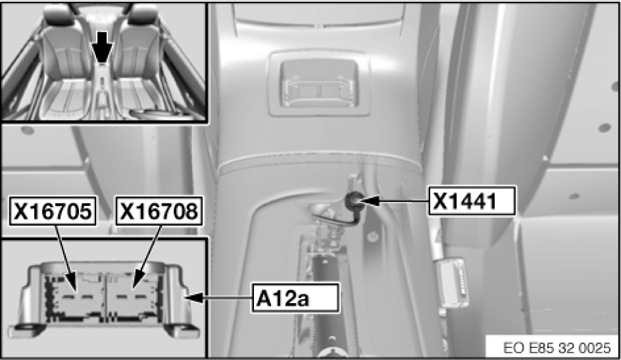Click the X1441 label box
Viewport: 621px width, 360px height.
coord(472,201)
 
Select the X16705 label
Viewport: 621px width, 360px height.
coord(52,211)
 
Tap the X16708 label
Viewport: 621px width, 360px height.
coord(159,211)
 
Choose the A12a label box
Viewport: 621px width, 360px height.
coord(296,297)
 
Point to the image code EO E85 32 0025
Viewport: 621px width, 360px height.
coord(557,348)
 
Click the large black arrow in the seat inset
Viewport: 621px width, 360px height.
coord(102,47)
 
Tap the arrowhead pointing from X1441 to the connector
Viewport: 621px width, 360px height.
coord(364,201)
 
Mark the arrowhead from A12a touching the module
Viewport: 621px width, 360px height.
coord(195,297)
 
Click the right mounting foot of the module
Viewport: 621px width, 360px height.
coord(181,328)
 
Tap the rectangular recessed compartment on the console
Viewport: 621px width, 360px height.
coord(319,83)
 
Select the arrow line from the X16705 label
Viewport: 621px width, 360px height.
coord(64,253)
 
